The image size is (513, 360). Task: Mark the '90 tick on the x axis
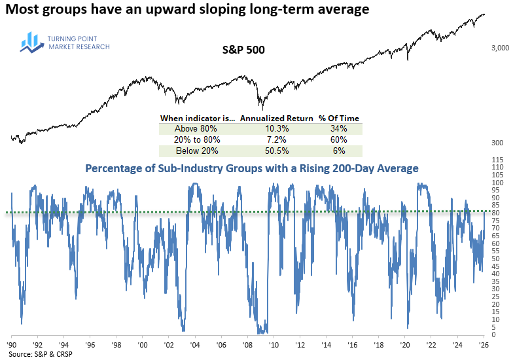click(x=12, y=344)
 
